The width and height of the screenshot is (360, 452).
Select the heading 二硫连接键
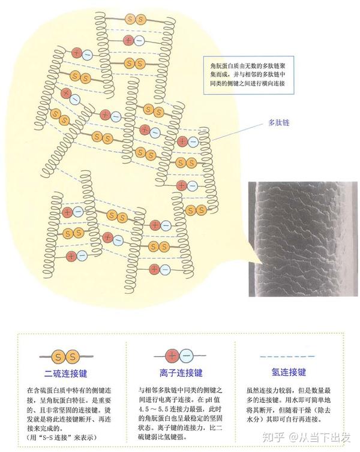point(66,373)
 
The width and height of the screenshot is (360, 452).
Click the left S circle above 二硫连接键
point(59,358)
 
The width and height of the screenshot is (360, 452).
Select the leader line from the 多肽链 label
point(237,134)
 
